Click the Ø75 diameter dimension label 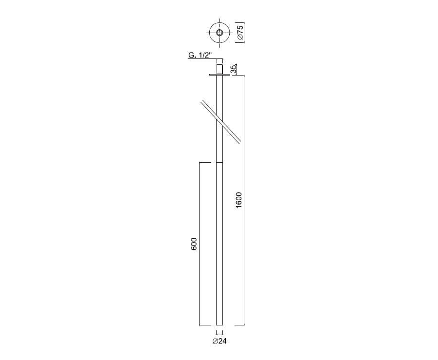240,33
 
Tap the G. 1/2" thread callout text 201,55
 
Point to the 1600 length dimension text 238,200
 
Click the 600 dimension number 194,244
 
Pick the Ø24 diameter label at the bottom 219,341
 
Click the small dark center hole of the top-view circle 220,33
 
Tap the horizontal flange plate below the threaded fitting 219,75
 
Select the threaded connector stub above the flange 219,69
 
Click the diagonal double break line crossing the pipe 220,122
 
